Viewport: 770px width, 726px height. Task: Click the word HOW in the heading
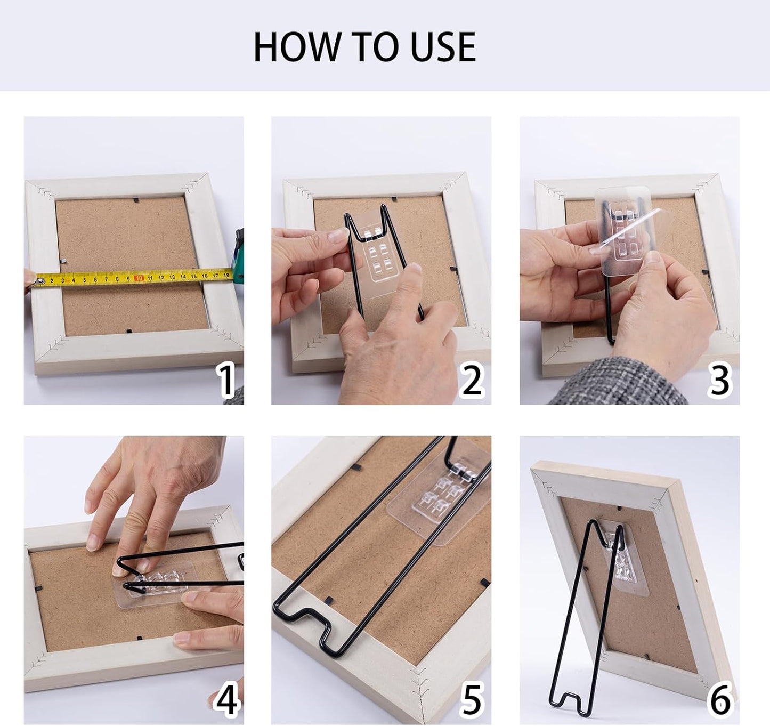[297, 46]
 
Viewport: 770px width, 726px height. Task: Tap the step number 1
[226, 380]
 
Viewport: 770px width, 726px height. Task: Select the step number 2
[472, 380]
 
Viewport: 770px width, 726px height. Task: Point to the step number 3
[719, 380]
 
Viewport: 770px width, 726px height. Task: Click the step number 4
[227, 699]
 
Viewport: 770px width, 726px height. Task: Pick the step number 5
[472, 699]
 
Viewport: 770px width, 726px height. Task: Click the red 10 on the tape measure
[139, 278]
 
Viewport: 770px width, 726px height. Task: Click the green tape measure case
[238, 254]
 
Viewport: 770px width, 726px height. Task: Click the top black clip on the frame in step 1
[136, 200]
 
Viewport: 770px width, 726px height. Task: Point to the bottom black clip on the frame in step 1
[128, 332]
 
